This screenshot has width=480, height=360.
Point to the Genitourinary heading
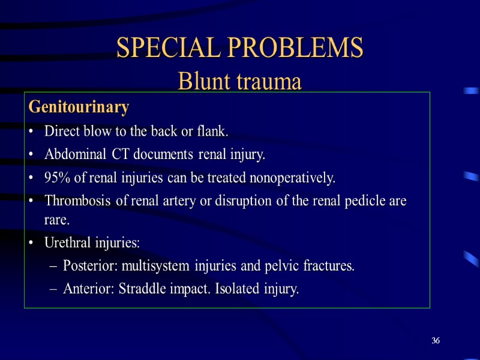[x=79, y=107]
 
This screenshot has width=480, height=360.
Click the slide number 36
[x=436, y=341]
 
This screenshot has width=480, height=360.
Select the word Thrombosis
[x=77, y=202]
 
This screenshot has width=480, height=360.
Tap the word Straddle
[x=143, y=289]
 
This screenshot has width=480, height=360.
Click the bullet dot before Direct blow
[x=31, y=131]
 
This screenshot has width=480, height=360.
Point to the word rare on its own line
[x=56, y=220]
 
